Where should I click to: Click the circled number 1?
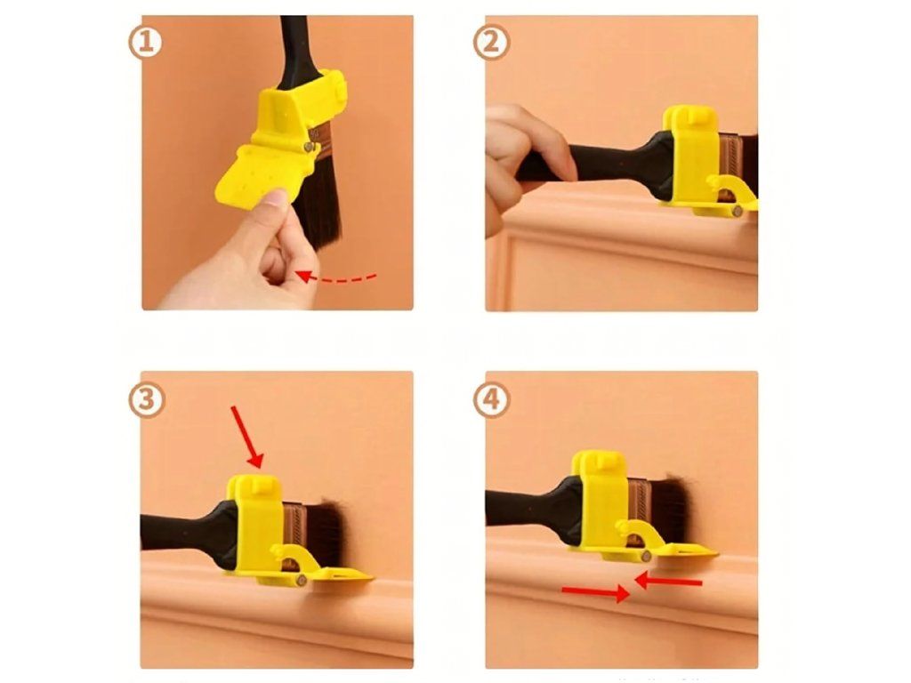145,43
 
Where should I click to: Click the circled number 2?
491,43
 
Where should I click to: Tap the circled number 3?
147,399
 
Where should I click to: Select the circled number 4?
491,399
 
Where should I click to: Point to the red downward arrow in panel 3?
247,437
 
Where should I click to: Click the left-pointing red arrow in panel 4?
668,580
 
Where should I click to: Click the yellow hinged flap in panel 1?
250,172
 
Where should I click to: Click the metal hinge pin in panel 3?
300,580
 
